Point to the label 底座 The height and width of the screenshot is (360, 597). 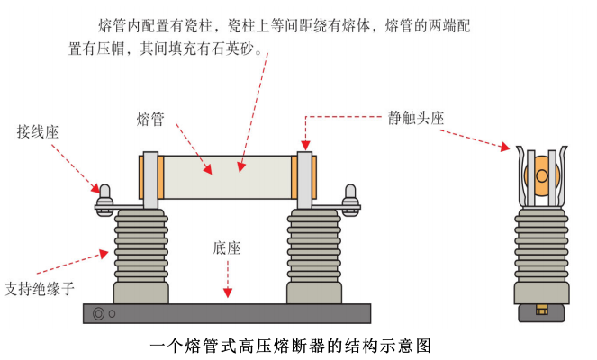[x=227, y=247]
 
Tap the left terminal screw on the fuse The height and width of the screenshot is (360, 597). [x=104, y=193]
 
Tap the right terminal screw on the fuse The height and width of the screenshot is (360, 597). [x=349, y=193]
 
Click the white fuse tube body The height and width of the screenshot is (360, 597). [x=225, y=175]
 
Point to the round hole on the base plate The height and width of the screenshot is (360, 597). [x=98, y=314]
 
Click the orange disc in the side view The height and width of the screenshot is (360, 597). [x=540, y=176]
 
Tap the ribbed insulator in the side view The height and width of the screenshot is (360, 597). [x=541, y=247]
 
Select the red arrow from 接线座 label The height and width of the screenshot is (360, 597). [x=76, y=166]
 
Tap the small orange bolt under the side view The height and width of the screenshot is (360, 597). [x=541, y=311]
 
